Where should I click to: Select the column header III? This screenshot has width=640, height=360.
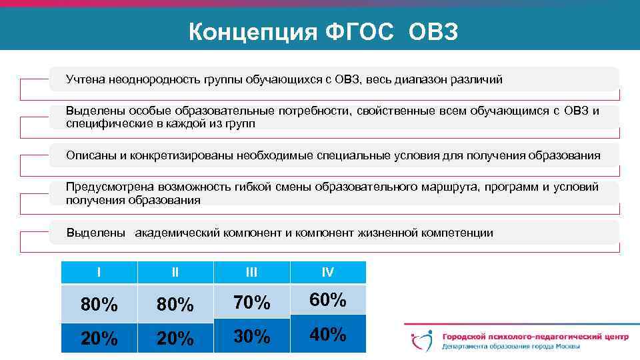pos(251,272)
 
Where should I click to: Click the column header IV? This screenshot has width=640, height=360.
pos(328,272)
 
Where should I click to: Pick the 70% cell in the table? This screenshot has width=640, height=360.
pos(251,303)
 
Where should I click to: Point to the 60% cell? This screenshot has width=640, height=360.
pos(328,300)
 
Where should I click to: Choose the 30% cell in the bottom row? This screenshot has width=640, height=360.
pos(251,337)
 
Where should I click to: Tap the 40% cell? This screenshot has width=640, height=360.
pos(328,335)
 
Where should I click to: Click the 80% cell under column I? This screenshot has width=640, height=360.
pos(99,305)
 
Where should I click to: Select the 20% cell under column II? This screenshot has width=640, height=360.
pos(175,339)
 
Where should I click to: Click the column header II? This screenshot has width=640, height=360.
pos(175,272)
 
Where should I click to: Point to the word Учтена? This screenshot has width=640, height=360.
pos(85,80)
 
